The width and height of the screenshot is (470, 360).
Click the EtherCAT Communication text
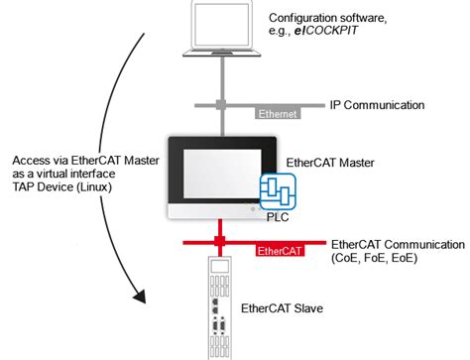(x=397, y=244)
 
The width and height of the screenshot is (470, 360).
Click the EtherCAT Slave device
(x=217, y=307)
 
